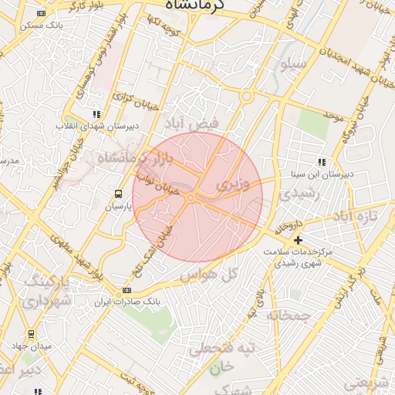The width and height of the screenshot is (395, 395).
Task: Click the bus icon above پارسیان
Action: pyautogui.click(x=118, y=194)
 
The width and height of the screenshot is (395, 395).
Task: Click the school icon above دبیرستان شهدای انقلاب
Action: pyautogui.click(x=96, y=113)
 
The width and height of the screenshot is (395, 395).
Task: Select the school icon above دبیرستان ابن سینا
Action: pyautogui.click(x=321, y=162)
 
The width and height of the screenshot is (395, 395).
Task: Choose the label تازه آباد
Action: pyautogui.click(x=362, y=216)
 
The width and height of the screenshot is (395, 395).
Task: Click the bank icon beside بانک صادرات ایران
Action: pyautogui.click(x=127, y=290)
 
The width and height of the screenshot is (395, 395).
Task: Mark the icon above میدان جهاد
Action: pyautogui.click(x=31, y=333)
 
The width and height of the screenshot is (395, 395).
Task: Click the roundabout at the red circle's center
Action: pyautogui.click(x=191, y=198)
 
